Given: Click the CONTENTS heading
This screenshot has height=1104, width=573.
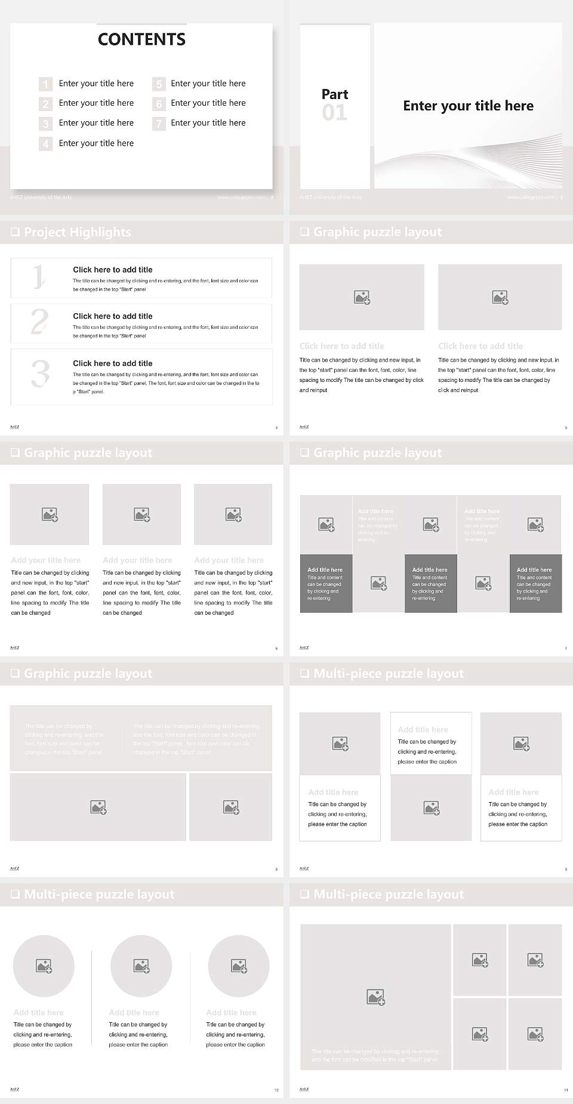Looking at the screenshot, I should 141,39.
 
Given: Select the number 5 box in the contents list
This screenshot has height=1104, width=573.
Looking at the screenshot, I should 159,84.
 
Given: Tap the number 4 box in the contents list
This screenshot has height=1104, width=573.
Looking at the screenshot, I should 45,144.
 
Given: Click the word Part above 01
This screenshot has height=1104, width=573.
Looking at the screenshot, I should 335,94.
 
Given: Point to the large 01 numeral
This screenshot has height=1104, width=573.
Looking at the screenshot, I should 334,112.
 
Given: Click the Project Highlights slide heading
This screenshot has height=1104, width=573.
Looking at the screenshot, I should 77,232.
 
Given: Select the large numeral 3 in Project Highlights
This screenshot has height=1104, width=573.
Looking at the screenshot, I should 40,374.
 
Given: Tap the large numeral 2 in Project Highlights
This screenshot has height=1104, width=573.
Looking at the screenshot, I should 39,322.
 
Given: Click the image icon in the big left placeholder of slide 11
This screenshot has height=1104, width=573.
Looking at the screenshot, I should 375,997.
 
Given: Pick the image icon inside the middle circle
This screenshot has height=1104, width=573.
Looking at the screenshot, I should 141,966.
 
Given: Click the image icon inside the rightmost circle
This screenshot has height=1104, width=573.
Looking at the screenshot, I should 239,966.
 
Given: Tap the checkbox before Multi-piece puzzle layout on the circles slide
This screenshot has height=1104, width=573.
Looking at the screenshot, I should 15,894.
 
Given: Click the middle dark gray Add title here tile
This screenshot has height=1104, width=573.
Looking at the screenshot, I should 430,583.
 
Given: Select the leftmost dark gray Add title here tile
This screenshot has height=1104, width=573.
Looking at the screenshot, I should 326,583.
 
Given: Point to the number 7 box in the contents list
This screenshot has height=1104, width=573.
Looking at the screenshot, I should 159,124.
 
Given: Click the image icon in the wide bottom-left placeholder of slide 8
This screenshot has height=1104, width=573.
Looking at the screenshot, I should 98,807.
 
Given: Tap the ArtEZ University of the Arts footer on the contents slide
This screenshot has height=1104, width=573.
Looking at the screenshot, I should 41,197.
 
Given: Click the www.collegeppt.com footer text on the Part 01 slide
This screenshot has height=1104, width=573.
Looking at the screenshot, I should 530,197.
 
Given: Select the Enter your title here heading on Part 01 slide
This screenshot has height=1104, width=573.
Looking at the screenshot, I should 468,106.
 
